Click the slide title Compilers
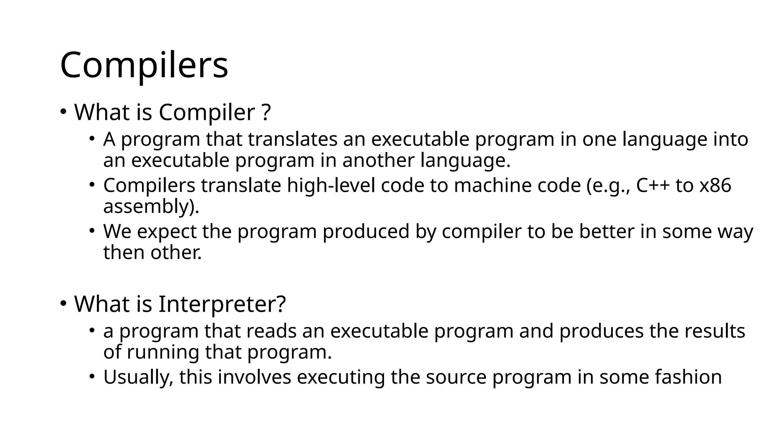coord(144,65)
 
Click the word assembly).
coord(151,207)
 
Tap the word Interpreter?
coord(222,304)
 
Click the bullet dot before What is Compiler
coord(63,112)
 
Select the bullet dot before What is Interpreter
coord(63,303)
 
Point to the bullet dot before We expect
coord(92,231)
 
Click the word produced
coord(366,232)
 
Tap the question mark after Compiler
coord(266,113)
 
